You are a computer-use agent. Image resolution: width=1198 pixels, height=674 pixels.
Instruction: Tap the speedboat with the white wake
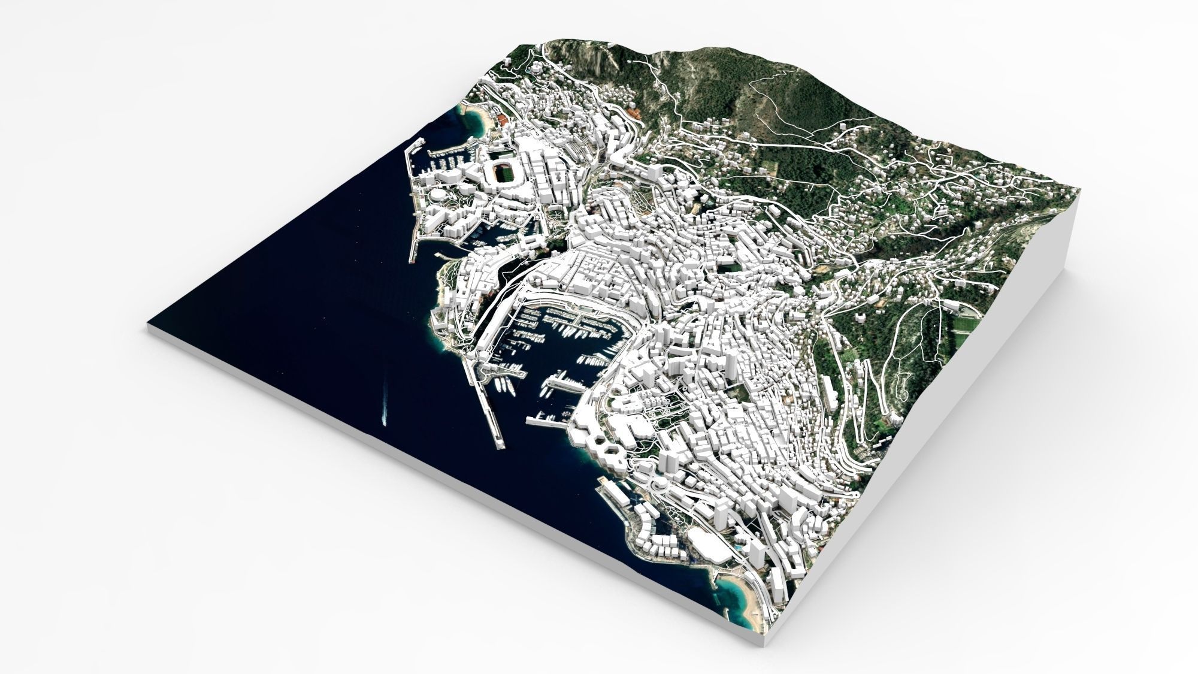click(384, 418)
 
